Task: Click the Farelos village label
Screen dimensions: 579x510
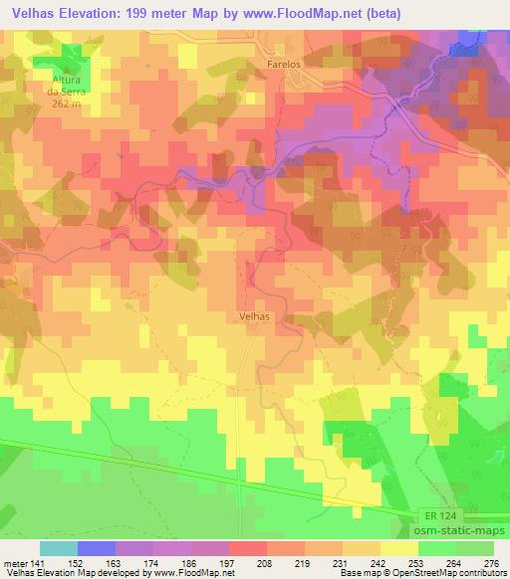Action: (284, 61)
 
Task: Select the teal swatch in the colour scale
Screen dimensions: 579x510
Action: (59, 548)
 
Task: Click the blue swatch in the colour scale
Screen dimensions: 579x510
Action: (97, 548)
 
